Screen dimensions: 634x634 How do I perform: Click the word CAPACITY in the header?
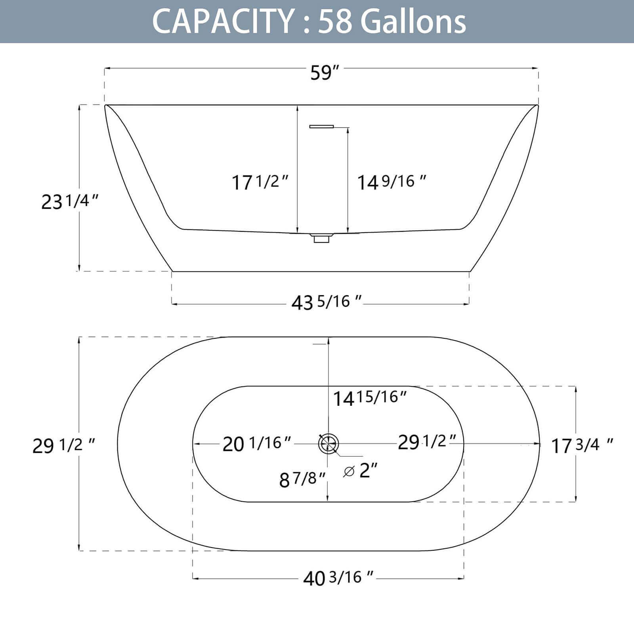coord(222,22)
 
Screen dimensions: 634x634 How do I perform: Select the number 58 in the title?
coord(335,22)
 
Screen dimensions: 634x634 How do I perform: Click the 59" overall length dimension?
coord(324,73)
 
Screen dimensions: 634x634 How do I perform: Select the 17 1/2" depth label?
coord(260,182)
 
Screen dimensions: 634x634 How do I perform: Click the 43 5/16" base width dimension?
coord(326,303)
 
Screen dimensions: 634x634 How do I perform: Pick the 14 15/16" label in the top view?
coord(370,397)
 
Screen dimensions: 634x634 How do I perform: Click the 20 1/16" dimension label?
coord(257,443)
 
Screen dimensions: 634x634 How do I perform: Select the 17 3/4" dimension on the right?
coord(582,445)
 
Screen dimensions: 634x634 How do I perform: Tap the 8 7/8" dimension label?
coord(302,479)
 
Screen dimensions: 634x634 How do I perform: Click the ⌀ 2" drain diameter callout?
coord(361,471)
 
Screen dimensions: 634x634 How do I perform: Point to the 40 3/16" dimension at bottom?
coord(338,578)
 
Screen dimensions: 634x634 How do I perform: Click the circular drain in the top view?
coord(328,443)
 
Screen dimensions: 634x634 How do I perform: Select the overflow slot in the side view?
coord(321,126)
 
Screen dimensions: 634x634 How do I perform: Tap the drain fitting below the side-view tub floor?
coord(321,239)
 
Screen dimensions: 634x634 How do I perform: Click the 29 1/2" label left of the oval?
coord(63,445)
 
